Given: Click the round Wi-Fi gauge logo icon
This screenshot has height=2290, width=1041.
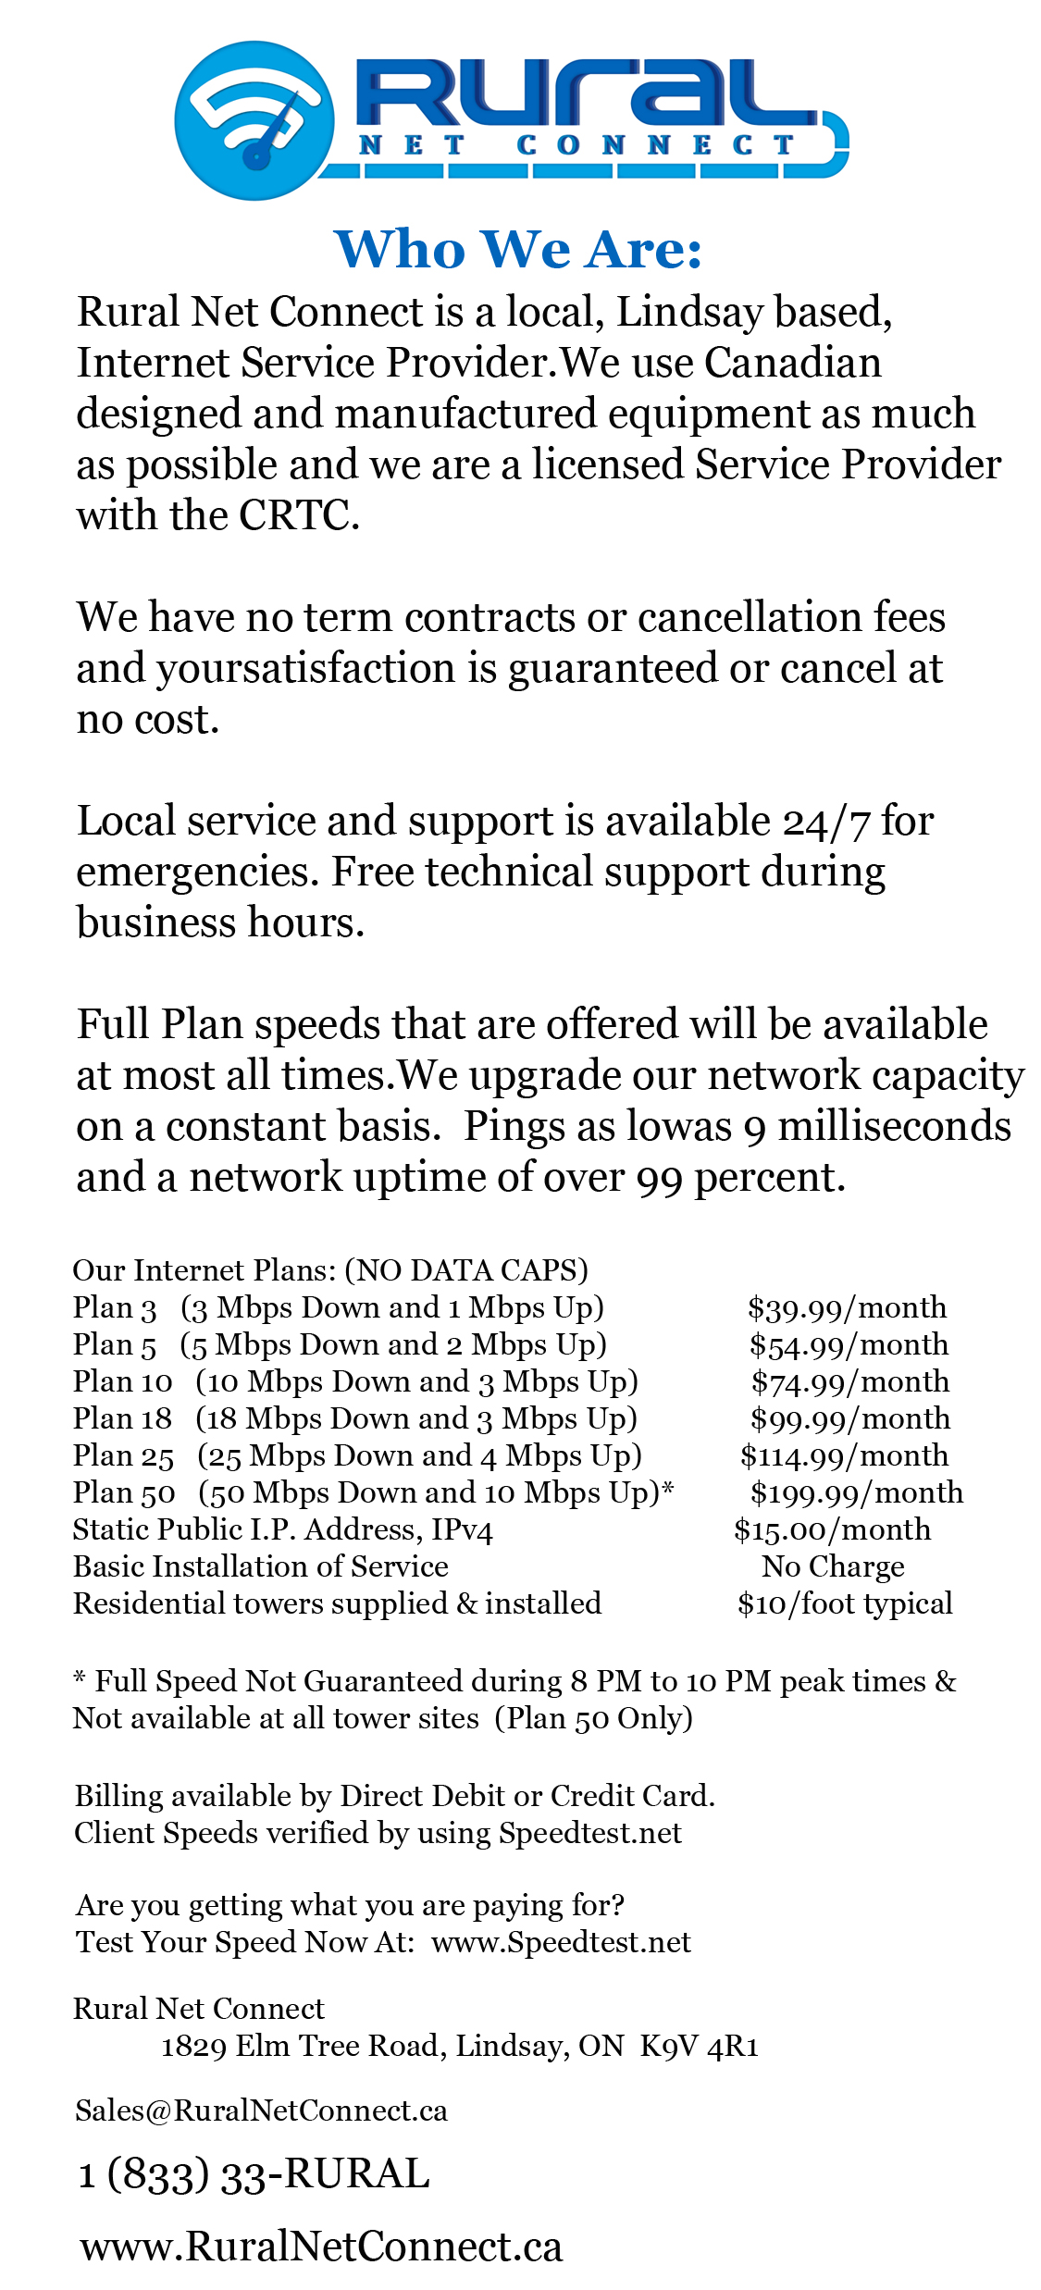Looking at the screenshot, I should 254,120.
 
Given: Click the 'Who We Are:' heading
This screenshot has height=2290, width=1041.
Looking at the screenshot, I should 518,250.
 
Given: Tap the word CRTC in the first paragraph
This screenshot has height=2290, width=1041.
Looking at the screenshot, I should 298,515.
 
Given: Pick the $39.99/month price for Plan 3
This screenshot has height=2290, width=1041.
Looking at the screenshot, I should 847,1307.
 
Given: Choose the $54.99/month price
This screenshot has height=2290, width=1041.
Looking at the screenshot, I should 849,1344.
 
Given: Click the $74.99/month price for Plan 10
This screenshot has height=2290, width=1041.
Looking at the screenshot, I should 849,1381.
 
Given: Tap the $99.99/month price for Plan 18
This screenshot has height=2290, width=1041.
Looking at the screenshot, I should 849,1418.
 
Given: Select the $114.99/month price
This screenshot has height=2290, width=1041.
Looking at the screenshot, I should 844,1455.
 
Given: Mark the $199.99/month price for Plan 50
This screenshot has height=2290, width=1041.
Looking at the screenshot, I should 856,1492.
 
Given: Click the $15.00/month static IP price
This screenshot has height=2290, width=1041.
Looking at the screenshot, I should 832,1529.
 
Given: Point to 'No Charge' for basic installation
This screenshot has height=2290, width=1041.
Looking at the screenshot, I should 833,1566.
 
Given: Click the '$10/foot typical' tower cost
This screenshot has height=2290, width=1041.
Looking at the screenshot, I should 844,1603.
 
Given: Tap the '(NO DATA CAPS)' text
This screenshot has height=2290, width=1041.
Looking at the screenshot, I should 466,1270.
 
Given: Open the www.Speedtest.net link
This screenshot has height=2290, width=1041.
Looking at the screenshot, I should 561,1942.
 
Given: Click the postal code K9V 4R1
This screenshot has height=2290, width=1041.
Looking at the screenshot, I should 699,2046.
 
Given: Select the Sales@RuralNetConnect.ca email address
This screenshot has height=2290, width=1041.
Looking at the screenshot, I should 261,2111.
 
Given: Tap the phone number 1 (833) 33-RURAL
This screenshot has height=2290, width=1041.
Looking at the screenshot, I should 254,2174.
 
